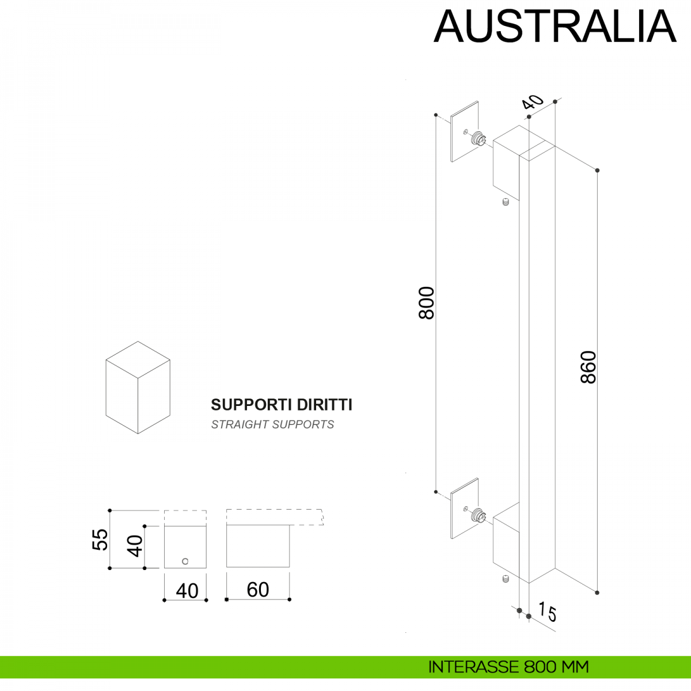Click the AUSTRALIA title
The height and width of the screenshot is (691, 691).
555,26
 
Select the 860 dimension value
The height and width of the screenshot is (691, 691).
588,367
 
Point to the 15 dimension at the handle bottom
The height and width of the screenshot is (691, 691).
548,612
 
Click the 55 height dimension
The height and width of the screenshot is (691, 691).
100,540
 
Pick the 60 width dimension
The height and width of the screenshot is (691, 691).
257,590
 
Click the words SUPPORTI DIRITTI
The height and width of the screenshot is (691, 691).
282,405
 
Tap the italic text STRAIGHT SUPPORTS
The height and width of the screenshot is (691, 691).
272,424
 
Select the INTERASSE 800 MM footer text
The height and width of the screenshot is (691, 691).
508,667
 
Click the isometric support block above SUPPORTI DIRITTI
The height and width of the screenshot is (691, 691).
138,387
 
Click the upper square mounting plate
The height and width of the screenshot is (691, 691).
464,132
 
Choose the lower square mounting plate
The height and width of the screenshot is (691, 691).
464,508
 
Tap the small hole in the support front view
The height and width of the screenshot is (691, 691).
185,561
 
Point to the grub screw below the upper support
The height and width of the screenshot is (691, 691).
506,203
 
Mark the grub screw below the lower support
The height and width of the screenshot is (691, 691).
505,579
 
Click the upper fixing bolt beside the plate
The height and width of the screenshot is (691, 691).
479,139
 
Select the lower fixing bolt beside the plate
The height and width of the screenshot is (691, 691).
479,515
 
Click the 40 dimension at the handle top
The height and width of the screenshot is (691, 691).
533,102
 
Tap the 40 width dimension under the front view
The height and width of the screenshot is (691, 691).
187,591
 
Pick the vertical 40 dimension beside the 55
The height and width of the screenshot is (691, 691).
135,546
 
